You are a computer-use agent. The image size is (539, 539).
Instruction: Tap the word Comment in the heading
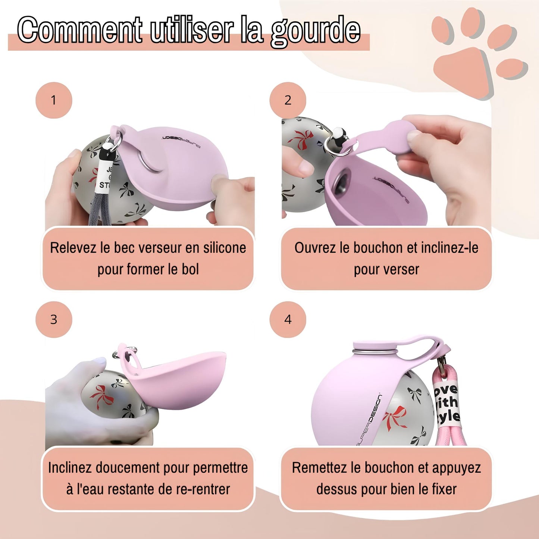79,30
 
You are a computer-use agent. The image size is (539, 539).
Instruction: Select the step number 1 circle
54,100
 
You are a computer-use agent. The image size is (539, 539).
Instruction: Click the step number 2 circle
288,100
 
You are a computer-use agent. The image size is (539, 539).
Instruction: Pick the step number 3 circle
54,320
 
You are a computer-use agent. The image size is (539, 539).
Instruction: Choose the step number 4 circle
288,320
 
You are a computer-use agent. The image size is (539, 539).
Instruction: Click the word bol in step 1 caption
190,269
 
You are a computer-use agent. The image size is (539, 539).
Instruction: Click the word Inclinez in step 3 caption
70,468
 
